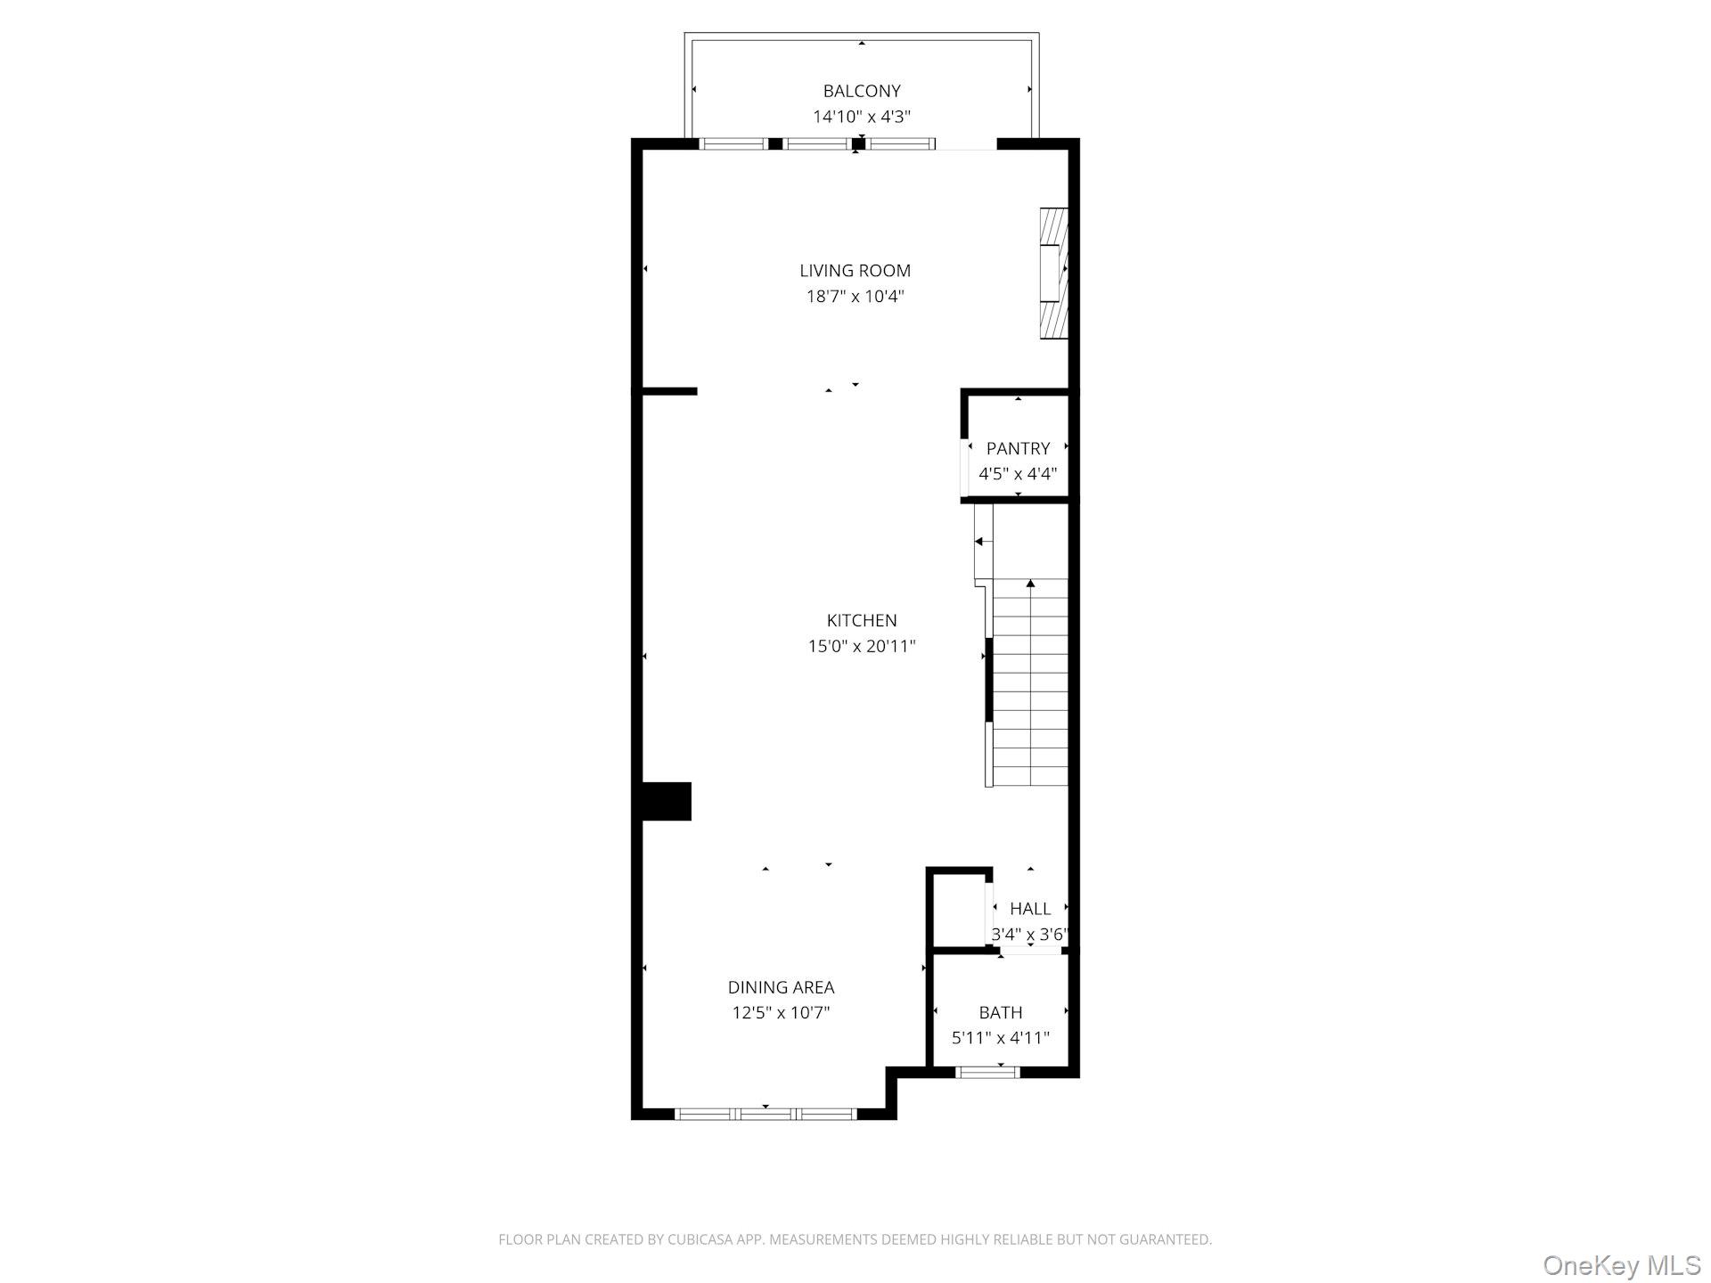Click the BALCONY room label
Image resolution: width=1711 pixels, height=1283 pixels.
point(861,91)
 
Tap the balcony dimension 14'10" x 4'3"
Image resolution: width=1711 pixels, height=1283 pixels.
point(861,117)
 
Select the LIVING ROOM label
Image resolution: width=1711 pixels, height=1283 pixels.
point(855,271)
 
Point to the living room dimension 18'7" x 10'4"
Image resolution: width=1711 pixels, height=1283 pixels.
point(855,297)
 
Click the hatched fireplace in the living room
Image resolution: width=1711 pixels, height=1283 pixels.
point(1054,274)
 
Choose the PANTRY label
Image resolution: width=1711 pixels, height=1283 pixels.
point(1018,448)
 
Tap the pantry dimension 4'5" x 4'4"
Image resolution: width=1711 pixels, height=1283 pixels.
point(1018,474)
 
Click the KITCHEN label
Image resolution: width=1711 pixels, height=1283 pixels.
point(861,620)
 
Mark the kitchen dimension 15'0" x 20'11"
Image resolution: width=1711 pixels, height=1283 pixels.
point(861,646)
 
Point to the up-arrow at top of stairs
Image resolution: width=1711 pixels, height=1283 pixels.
point(1030,584)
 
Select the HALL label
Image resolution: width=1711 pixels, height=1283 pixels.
point(1029,909)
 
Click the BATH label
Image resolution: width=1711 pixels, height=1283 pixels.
point(1000,1012)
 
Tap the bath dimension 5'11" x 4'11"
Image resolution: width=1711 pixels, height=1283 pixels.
point(1000,1038)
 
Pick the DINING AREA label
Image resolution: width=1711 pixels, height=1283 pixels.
point(781,987)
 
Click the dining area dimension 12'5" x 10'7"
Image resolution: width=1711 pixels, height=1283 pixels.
point(781,1013)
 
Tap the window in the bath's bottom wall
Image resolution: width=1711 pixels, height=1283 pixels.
point(986,1072)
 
